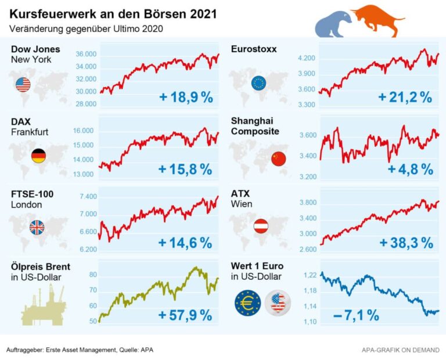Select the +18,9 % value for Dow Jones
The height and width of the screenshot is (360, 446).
click(186, 97)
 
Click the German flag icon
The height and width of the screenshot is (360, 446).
click(39, 155)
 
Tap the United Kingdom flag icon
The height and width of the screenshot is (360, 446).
click(37, 228)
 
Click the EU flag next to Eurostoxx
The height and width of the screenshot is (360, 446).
click(258, 83)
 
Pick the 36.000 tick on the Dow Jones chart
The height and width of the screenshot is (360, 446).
click(85, 54)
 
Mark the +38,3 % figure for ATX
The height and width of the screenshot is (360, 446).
click(406, 242)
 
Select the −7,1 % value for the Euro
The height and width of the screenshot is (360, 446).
click(356, 315)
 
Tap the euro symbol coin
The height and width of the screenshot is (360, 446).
click(248, 303)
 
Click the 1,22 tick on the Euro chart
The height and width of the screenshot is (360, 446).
click(310, 275)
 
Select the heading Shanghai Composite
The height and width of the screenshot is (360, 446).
click(255, 126)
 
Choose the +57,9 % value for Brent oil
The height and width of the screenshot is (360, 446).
click(185, 315)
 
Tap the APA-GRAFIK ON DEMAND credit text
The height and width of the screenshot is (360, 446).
click(400, 350)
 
